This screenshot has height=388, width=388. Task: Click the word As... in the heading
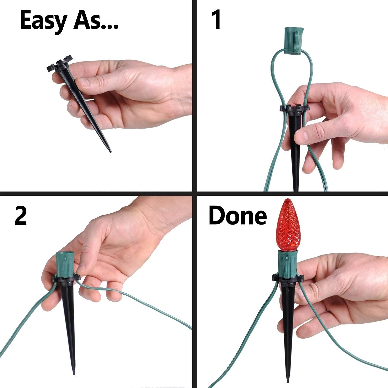coord(95,20)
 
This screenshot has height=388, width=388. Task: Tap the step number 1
coord(216,20)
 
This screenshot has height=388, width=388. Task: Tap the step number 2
coord(21,216)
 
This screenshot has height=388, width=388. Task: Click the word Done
coord(237,216)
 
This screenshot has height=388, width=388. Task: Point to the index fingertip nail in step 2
coord(82,269)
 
